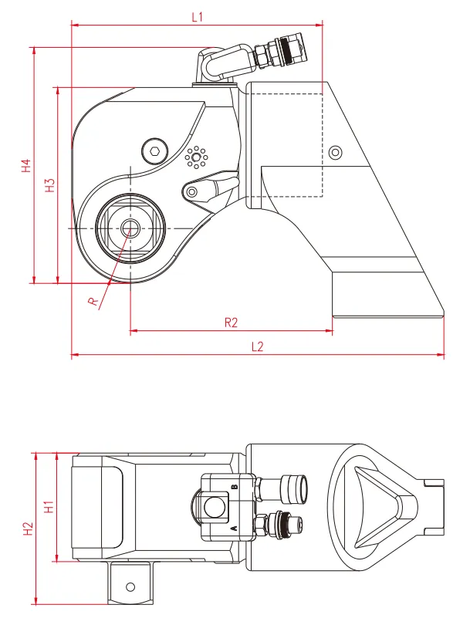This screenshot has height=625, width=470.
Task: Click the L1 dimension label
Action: coord(198,17)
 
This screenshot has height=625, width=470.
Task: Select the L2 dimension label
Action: coord(258,346)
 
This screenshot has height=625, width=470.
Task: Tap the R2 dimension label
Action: coord(231,322)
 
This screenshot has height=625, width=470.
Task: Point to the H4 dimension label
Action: coord(26,165)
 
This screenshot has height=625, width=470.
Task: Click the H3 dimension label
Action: coord(50,185)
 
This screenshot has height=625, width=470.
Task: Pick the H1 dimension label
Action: coord(49,507)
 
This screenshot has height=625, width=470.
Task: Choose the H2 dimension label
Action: coord(28,529)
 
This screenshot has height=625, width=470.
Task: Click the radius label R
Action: coord(93,302)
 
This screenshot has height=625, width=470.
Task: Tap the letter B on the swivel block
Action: coord(235,487)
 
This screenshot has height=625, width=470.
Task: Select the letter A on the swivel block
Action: coord(235,528)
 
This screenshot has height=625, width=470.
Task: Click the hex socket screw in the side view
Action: coord(155,151)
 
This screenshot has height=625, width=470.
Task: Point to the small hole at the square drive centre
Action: coord(129,228)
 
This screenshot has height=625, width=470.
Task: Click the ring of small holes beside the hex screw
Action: coord(195,157)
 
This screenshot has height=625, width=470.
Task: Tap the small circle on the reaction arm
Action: coord(335,152)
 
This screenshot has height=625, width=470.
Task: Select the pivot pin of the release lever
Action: coord(192,192)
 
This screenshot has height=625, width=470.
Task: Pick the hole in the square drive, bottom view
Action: coord(130,586)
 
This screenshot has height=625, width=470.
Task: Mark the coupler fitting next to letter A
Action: coord(279,525)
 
